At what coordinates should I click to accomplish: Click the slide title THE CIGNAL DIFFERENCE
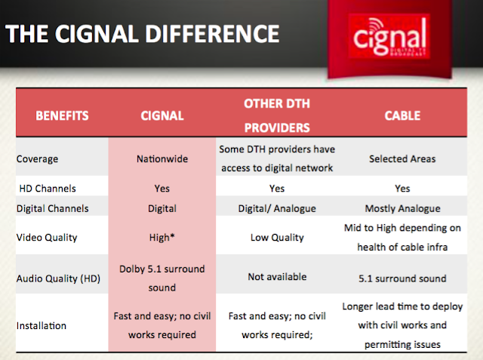click(143, 34)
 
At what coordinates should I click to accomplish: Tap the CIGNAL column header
click(163, 117)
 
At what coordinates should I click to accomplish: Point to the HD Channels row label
click(47, 188)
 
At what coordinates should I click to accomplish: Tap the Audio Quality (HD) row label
click(59, 277)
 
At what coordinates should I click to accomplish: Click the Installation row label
click(43, 327)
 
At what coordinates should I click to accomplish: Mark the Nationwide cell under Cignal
click(162, 159)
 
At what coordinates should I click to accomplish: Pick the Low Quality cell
click(276, 237)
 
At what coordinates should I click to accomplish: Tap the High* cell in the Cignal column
click(162, 237)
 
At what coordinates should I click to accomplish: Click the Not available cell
click(276, 277)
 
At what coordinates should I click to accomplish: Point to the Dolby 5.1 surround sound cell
click(162, 277)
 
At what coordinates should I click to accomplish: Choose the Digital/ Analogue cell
click(276, 208)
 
